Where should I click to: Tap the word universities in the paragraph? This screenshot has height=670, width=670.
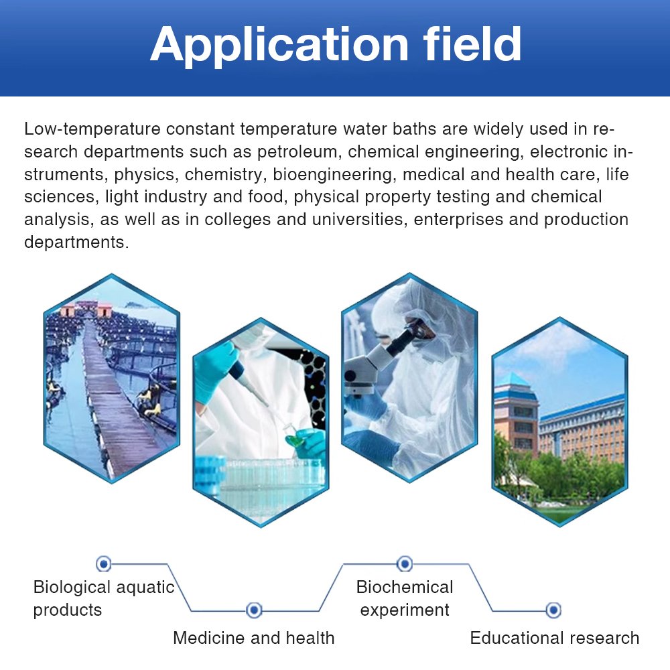[x=360, y=219]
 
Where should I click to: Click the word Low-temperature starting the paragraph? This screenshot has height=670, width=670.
[x=92, y=129]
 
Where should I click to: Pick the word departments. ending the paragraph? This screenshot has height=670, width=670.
[x=76, y=243]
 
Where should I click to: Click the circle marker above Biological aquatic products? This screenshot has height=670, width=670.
[x=103, y=564]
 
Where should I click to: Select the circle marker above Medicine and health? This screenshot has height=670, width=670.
[x=254, y=610]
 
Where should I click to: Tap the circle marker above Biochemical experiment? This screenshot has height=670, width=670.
[x=405, y=564]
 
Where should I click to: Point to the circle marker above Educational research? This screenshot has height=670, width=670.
[x=553, y=610]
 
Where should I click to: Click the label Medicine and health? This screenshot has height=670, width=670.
[x=254, y=638]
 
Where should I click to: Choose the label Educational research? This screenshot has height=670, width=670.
[x=555, y=638]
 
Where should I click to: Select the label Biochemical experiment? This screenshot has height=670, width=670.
[x=405, y=598]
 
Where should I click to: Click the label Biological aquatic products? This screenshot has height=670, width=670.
[x=104, y=598]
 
